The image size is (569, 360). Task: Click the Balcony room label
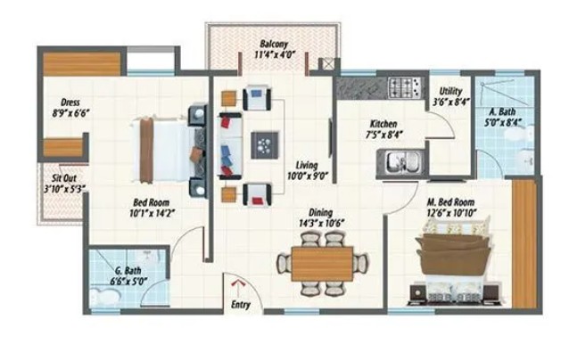click(x=274, y=45)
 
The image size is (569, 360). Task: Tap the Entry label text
click(x=241, y=305)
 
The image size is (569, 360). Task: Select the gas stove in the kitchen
click(x=407, y=87)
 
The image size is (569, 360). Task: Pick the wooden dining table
click(x=322, y=264)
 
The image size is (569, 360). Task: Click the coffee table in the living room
click(x=265, y=145)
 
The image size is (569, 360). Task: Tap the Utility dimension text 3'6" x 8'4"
click(x=451, y=102)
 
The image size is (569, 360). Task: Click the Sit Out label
click(x=64, y=178)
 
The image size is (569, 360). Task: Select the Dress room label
click(x=70, y=102)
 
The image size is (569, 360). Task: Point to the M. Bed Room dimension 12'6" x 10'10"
click(x=451, y=212)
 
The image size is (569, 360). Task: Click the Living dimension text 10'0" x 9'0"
click(x=308, y=176)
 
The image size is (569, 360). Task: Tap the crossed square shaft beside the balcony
click(x=327, y=65)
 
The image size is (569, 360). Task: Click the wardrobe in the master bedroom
click(x=524, y=243)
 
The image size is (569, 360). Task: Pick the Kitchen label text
click(x=383, y=124)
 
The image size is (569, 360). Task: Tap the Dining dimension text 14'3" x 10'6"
click(x=321, y=223)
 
